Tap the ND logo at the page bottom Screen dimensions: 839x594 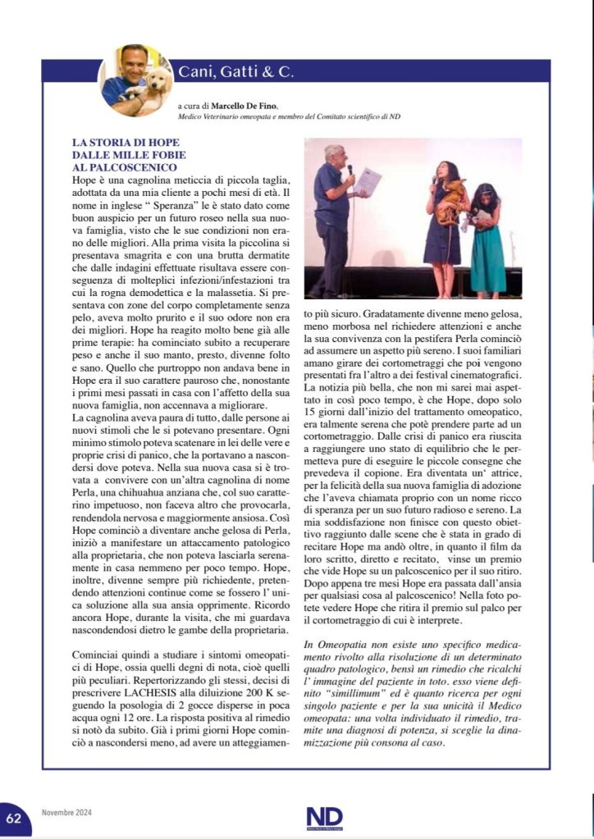pyautogui.click(x=324, y=817)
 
